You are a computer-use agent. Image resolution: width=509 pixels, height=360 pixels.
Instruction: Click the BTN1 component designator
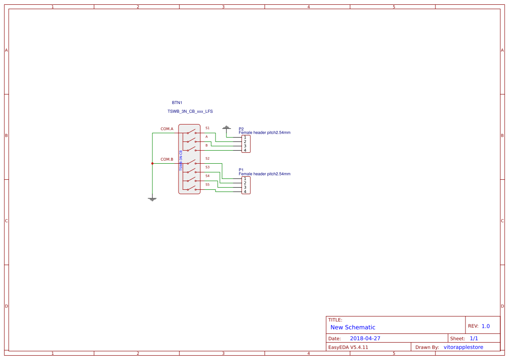coord(177,103)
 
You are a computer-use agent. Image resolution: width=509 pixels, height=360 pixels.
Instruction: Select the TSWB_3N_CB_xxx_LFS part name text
coord(190,111)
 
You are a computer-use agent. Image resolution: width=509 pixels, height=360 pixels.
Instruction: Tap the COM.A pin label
coord(167,129)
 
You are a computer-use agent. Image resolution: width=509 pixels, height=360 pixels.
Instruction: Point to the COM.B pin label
coord(167,159)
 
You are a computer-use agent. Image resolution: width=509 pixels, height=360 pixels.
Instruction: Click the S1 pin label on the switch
coord(207,128)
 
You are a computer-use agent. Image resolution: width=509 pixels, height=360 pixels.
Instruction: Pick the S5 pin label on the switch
coord(207,185)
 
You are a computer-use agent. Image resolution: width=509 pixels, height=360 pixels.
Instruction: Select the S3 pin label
coord(207,167)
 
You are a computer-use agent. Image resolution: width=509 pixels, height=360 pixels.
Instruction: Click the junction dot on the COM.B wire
coord(152,164)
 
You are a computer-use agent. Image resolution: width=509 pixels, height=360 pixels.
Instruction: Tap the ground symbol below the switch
coord(152,199)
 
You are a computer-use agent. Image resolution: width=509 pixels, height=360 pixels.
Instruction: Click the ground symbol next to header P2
coord(226,128)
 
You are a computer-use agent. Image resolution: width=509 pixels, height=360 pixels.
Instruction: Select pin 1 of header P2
coord(245,138)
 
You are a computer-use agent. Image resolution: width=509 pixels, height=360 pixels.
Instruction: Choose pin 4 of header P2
coord(245,151)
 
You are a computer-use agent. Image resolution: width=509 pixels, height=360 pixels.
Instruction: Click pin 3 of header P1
coord(245,187)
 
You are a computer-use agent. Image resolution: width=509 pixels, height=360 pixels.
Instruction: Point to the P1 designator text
coord(241,170)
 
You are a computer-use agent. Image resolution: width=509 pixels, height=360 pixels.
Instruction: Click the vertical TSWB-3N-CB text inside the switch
coord(181,161)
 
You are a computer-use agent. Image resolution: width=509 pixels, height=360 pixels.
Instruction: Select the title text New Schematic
coord(353,327)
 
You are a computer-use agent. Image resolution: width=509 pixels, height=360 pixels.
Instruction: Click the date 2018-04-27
coord(365,338)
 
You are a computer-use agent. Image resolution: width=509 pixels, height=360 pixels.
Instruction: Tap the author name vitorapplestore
coord(463,347)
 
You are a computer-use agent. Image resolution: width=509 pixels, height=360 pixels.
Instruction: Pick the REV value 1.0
coord(485,326)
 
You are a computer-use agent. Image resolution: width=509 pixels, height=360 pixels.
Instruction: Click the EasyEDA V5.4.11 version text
coord(348,347)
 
